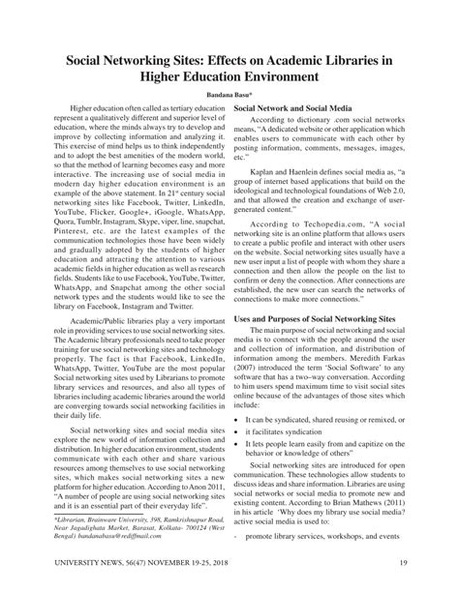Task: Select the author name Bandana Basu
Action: (x=229, y=96)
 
